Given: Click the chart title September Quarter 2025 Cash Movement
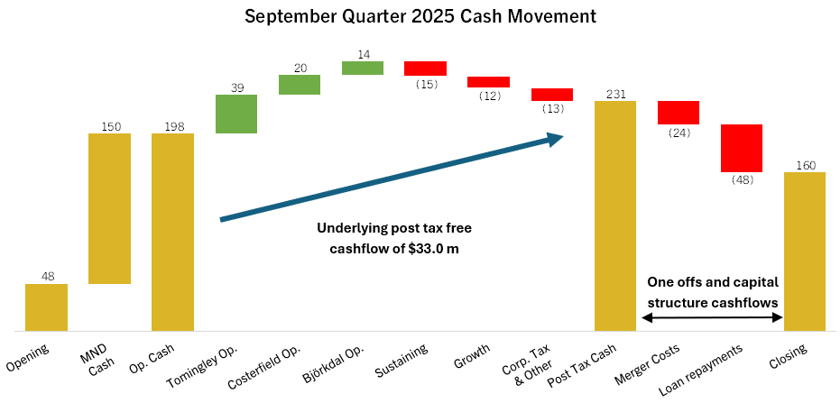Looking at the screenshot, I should (420, 16).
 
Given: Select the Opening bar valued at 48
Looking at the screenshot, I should (46, 307).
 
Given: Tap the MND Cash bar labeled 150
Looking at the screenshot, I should (109, 208).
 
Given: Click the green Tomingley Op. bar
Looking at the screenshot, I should (236, 114).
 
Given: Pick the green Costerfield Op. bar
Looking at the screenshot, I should (300, 85).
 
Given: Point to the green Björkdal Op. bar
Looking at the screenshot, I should (363, 69).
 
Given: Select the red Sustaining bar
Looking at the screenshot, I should (425, 69).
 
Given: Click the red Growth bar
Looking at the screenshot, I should (488, 82).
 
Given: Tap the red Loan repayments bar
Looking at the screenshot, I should (742, 148).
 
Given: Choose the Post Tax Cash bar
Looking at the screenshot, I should (615, 215).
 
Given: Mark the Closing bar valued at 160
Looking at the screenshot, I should (805, 252).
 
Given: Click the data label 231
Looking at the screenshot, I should (615, 94).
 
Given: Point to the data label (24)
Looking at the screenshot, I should (678, 133).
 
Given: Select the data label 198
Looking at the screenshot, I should (173, 126).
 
